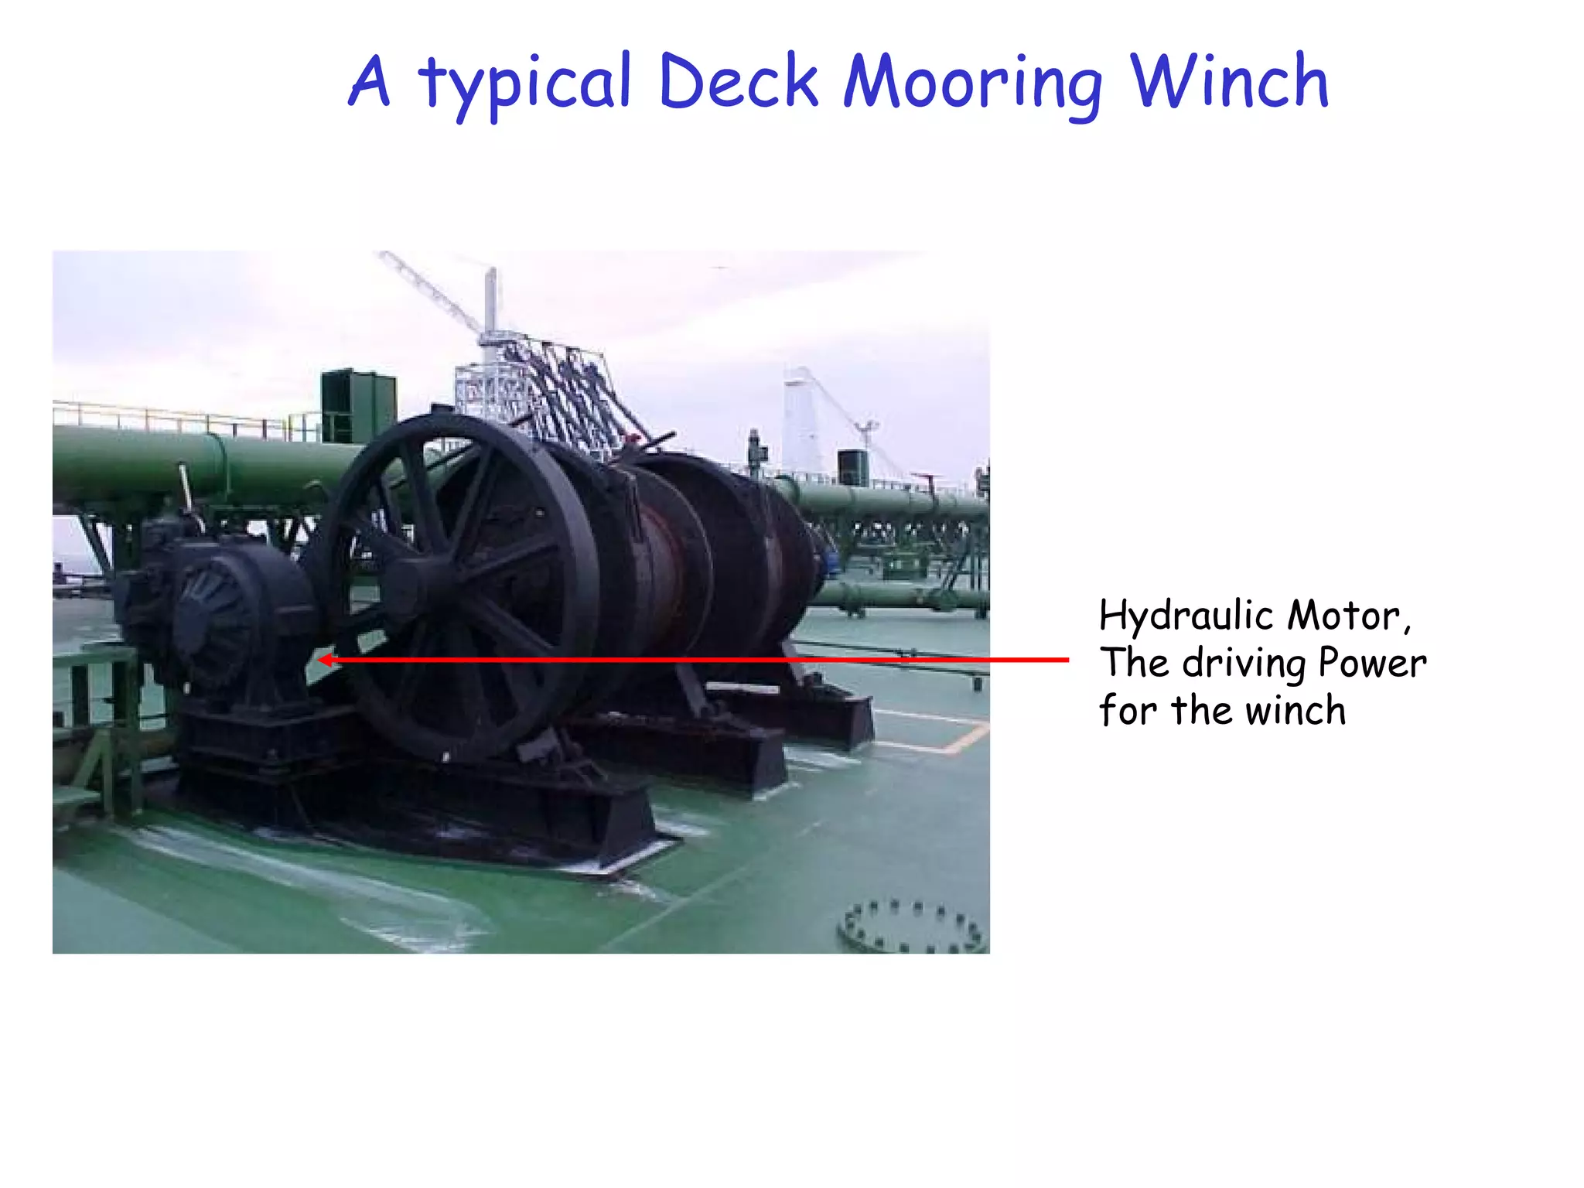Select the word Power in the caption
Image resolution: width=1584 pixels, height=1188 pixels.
tap(1372, 663)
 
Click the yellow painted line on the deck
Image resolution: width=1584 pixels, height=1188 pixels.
tap(959, 739)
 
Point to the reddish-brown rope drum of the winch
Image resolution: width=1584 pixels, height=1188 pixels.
tap(665, 541)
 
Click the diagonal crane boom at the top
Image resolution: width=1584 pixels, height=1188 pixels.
tap(429, 290)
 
